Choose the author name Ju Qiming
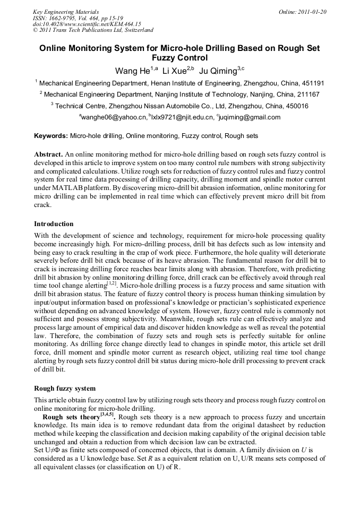pos(218,71)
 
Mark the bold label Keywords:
pos(51,136)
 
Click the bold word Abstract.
pos(48,154)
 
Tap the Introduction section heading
pos(54,223)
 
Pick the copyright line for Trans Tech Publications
pos(93,30)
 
